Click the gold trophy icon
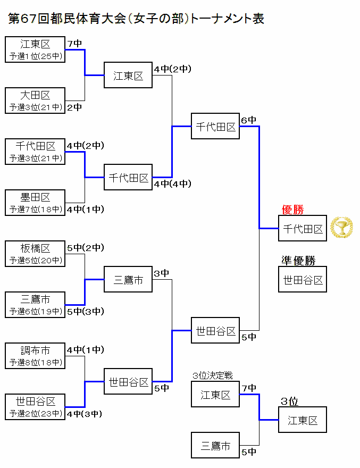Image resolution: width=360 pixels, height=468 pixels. pyautogui.click(x=341, y=228)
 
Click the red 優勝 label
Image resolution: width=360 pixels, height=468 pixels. pyautogui.click(x=292, y=210)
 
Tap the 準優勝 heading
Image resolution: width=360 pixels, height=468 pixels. pyautogui.click(x=298, y=261)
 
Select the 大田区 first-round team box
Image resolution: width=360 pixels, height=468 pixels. pyautogui.click(x=35, y=101)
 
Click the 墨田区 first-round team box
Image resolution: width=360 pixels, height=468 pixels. pyautogui.click(x=35, y=203)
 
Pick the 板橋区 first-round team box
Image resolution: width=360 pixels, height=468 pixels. pyautogui.click(x=35, y=254)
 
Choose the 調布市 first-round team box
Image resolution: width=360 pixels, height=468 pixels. pyautogui.click(x=35, y=356)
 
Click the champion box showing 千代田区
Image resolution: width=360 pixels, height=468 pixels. pyautogui.click(x=303, y=229)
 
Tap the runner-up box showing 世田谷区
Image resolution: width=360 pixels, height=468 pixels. pyautogui.click(x=303, y=280)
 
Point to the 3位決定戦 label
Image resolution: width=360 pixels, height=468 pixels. pyautogui.click(x=213, y=375)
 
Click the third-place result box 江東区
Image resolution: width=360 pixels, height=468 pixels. pyautogui.click(x=303, y=420)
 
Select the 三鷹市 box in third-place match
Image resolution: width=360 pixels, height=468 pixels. pyautogui.click(x=215, y=446)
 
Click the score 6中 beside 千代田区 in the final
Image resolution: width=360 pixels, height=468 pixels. pyautogui.click(x=249, y=120)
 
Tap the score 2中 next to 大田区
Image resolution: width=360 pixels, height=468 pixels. pyautogui.click(x=74, y=107)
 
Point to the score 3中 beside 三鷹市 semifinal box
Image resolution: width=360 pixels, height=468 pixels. pyautogui.click(x=162, y=273)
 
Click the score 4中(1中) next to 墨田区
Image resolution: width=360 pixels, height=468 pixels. pyautogui.click(x=85, y=210)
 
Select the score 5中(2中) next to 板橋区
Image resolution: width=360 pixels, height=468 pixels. pyautogui.click(x=85, y=247)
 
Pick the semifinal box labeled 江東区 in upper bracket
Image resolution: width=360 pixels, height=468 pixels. pyautogui.click(x=128, y=76)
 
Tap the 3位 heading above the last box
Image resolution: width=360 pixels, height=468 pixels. pyautogui.click(x=290, y=401)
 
